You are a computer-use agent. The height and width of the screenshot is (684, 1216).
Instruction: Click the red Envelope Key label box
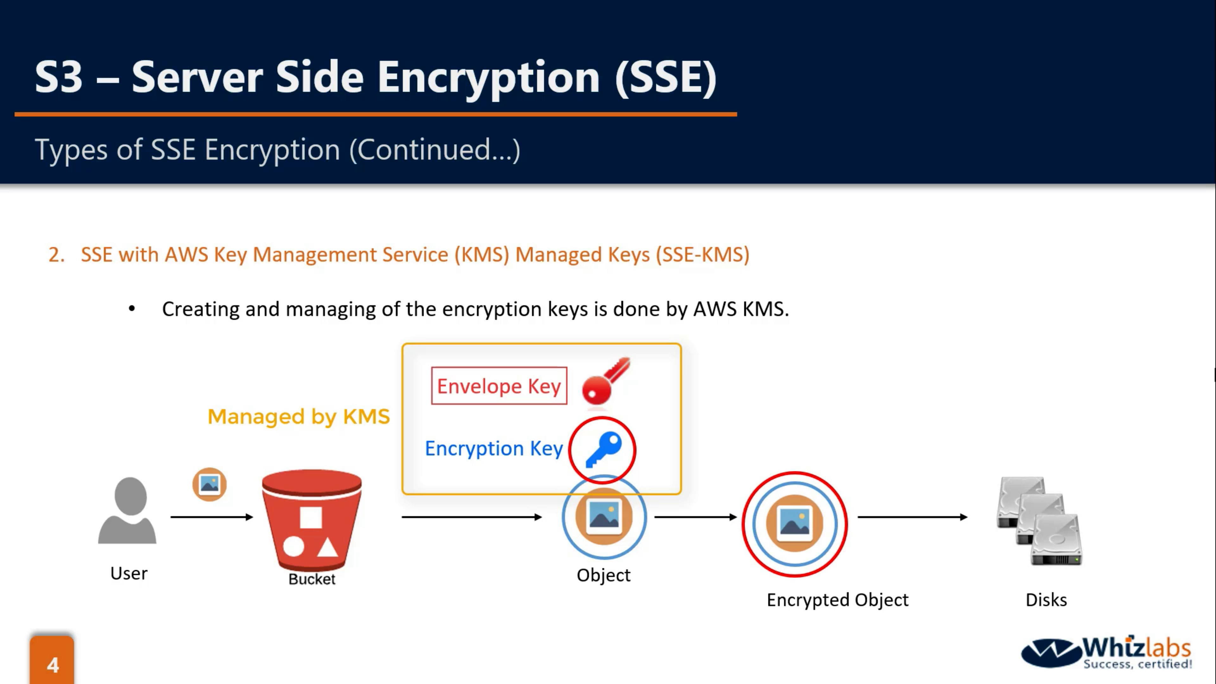pyautogui.click(x=499, y=386)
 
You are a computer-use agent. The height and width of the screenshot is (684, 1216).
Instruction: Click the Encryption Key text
pyautogui.click(x=494, y=448)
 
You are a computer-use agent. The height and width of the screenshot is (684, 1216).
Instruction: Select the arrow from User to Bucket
pyautogui.click(x=212, y=517)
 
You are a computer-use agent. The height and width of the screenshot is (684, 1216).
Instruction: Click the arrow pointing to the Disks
pyautogui.click(x=912, y=517)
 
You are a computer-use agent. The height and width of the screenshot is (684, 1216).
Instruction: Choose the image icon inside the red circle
pyautogui.click(x=795, y=523)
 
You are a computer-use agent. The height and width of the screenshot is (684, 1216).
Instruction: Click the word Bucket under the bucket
pyautogui.click(x=312, y=579)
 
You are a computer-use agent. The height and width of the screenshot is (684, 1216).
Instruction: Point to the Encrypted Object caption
pyautogui.click(x=837, y=600)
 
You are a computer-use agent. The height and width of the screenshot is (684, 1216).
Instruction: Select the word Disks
pyautogui.click(x=1046, y=600)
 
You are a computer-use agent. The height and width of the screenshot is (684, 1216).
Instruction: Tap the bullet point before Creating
pyautogui.click(x=132, y=309)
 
